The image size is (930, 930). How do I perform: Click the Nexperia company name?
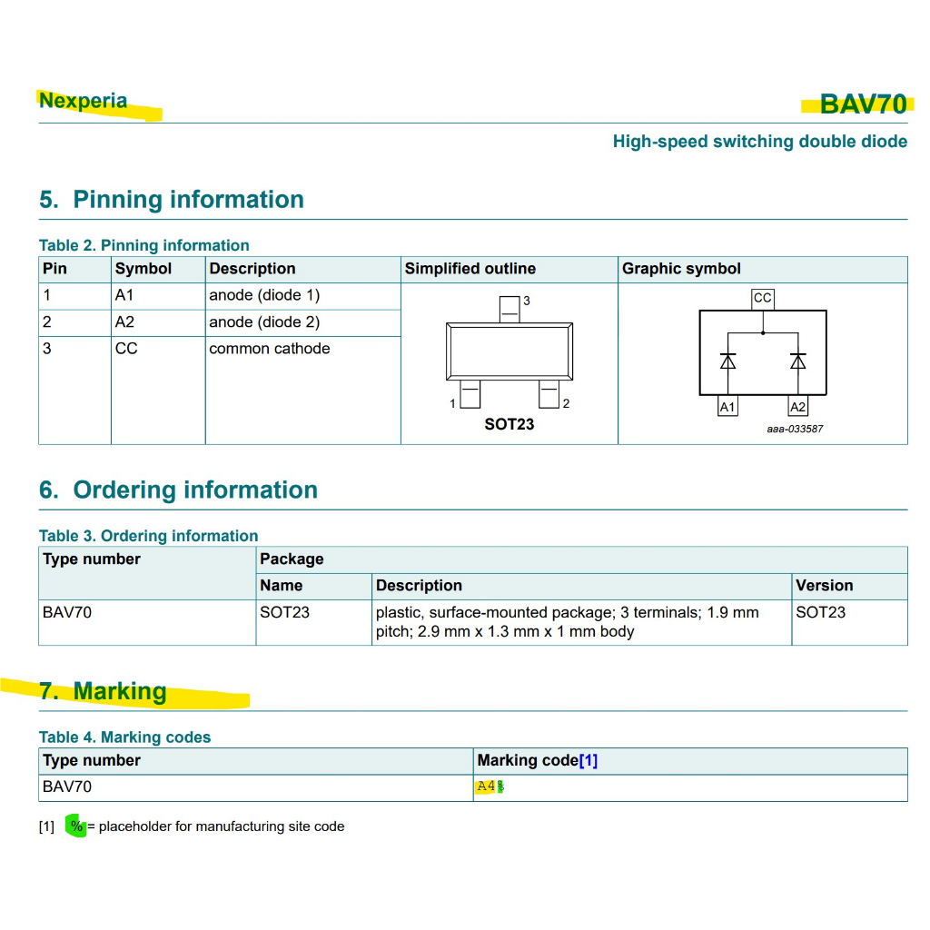(x=83, y=101)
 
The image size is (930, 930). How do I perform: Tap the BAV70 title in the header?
(x=863, y=104)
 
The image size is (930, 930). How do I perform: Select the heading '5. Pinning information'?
(x=172, y=200)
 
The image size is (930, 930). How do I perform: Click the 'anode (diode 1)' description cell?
(x=264, y=295)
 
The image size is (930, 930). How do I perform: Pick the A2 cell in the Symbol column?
(x=125, y=322)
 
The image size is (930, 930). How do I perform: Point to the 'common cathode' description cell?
(x=270, y=349)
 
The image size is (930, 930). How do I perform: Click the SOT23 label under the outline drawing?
(x=509, y=424)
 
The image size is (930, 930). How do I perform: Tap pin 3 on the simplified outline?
(x=510, y=308)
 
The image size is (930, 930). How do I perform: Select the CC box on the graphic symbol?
(x=763, y=298)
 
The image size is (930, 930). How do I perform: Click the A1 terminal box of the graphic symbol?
(x=727, y=407)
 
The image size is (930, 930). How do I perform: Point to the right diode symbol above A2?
(x=797, y=361)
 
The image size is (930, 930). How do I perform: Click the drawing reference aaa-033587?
(x=795, y=429)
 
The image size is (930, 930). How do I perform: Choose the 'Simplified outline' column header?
(x=470, y=269)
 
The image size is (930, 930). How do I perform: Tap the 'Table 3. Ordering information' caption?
(x=148, y=536)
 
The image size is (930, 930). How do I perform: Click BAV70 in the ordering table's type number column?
(x=67, y=612)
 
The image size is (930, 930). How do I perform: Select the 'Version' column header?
(x=824, y=586)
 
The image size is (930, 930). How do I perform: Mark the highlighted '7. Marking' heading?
(x=103, y=691)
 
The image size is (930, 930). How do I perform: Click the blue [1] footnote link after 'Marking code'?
(x=589, y=761)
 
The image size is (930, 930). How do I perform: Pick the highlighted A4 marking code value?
(x=486, y=787)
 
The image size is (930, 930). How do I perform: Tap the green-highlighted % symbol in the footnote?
(x=77, y=826)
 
